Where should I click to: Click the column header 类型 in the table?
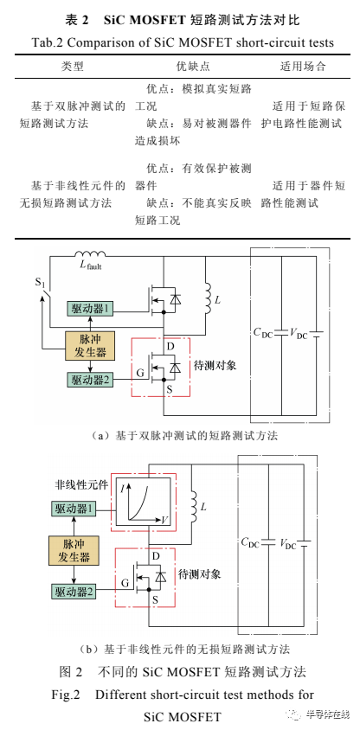[71, 66]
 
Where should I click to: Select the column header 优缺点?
[180, 66]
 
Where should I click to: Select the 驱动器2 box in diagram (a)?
[91, 380]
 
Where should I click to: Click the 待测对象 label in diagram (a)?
[213, 367]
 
